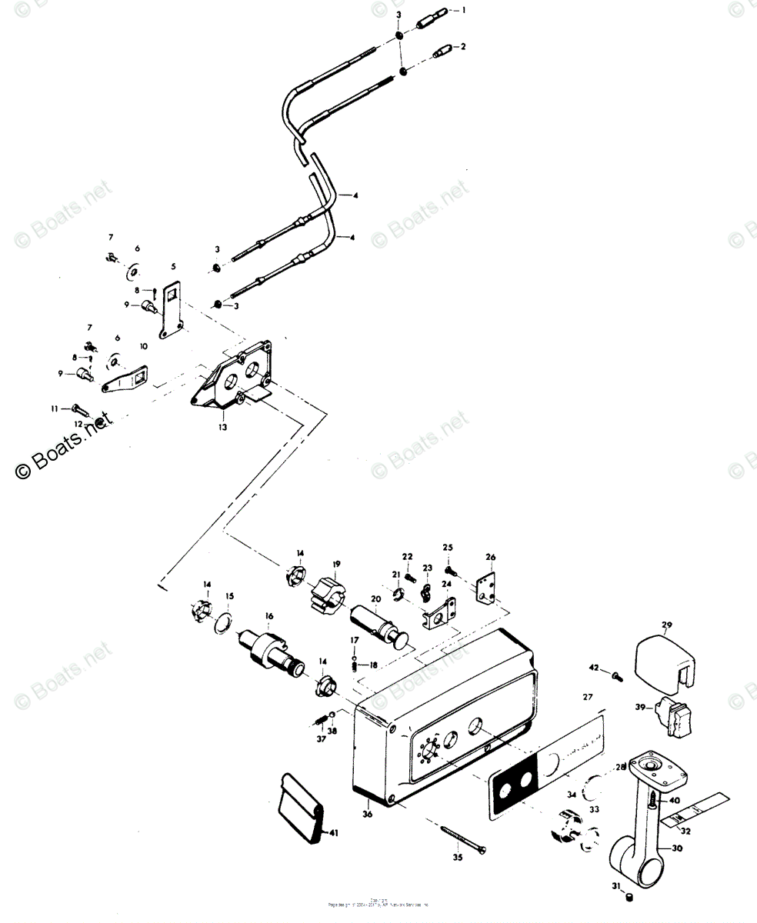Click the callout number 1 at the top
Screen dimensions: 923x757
coord(464,11)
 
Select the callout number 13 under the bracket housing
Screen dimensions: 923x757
coord(222,427)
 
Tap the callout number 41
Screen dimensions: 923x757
coord(333,832)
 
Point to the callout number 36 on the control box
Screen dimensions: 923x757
coord(367,814)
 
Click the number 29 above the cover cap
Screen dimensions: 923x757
coord(666,624)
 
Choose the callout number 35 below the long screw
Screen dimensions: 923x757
coord(458,857)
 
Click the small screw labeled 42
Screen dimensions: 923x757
coord(616,677)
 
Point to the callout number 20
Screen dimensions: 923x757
coord(375,599)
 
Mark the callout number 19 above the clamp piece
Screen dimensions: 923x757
coord(336,565)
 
